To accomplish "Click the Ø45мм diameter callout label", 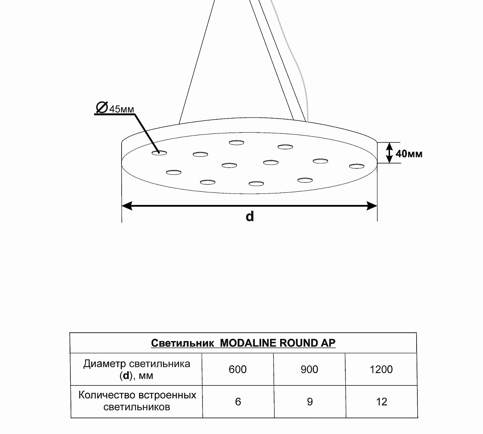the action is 115,108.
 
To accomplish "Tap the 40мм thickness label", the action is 409,154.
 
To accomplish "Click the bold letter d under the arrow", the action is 250,216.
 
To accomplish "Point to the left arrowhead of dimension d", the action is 127,206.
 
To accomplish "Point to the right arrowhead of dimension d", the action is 372,206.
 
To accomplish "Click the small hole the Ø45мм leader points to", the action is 159,153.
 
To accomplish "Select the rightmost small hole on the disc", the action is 357,166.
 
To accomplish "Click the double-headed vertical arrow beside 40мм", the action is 389,153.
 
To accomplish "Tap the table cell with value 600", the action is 237,369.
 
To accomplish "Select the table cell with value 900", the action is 310,369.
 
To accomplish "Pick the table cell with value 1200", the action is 381,369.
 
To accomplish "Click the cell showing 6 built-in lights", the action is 238,401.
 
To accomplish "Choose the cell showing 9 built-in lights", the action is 310,401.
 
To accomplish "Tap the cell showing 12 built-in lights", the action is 382,401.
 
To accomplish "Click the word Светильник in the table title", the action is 182,343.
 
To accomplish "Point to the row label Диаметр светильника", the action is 136,364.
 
